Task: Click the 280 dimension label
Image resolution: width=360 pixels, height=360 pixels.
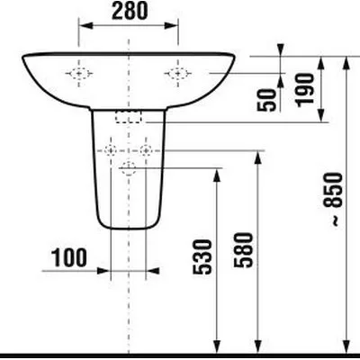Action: point(130,11)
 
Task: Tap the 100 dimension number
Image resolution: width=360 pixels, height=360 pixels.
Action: point(69,257)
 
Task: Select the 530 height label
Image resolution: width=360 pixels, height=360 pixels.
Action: point(202,257)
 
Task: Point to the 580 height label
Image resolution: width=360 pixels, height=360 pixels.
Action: point(244,250)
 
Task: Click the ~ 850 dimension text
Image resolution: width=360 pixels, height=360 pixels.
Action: point(333,199)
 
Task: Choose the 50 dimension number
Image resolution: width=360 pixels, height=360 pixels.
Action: point(266,100)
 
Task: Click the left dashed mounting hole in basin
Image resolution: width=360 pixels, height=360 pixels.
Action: point(79,74)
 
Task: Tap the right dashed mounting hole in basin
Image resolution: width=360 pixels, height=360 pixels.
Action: point(178,74)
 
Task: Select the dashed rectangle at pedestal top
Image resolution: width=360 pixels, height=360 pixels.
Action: point(129,116)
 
